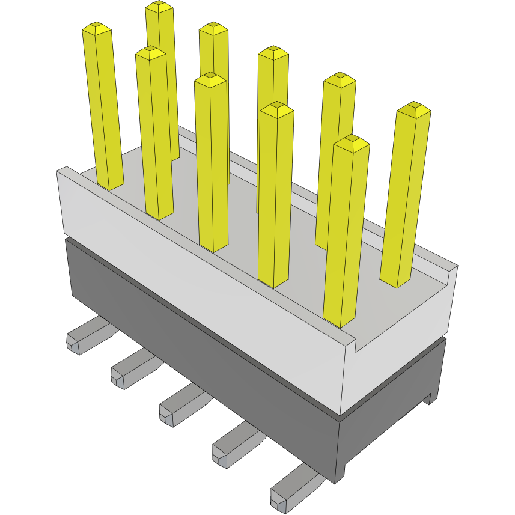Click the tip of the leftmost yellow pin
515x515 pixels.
coord(97,28)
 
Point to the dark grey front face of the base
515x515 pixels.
coord(198,355)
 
